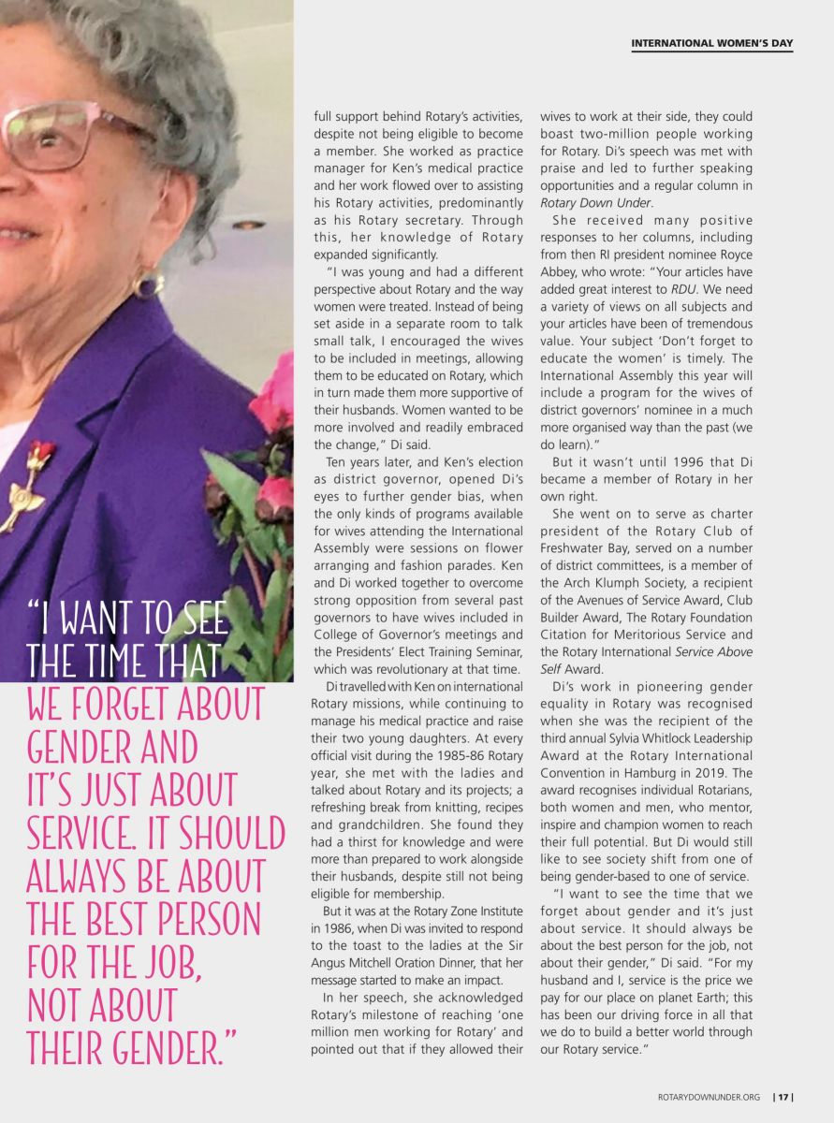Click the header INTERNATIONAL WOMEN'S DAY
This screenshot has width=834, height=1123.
coord(711,43)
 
